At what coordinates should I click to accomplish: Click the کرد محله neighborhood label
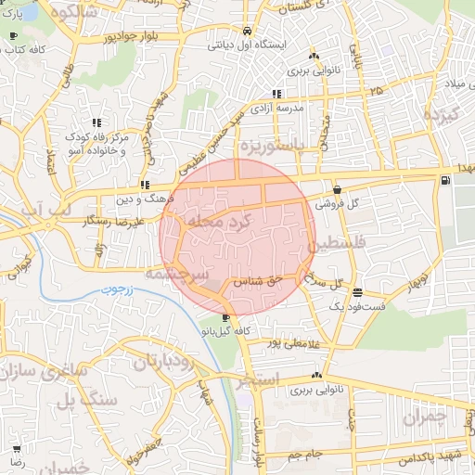(x=220, y=225)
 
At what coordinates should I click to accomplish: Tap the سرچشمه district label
(x=171, y=276)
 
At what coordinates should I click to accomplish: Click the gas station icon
(x=447, y=179)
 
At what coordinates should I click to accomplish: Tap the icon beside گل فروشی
(x=335, y=189)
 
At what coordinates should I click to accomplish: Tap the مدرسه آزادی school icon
(x=276, y=93)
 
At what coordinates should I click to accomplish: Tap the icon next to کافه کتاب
(x=13, y=35)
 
